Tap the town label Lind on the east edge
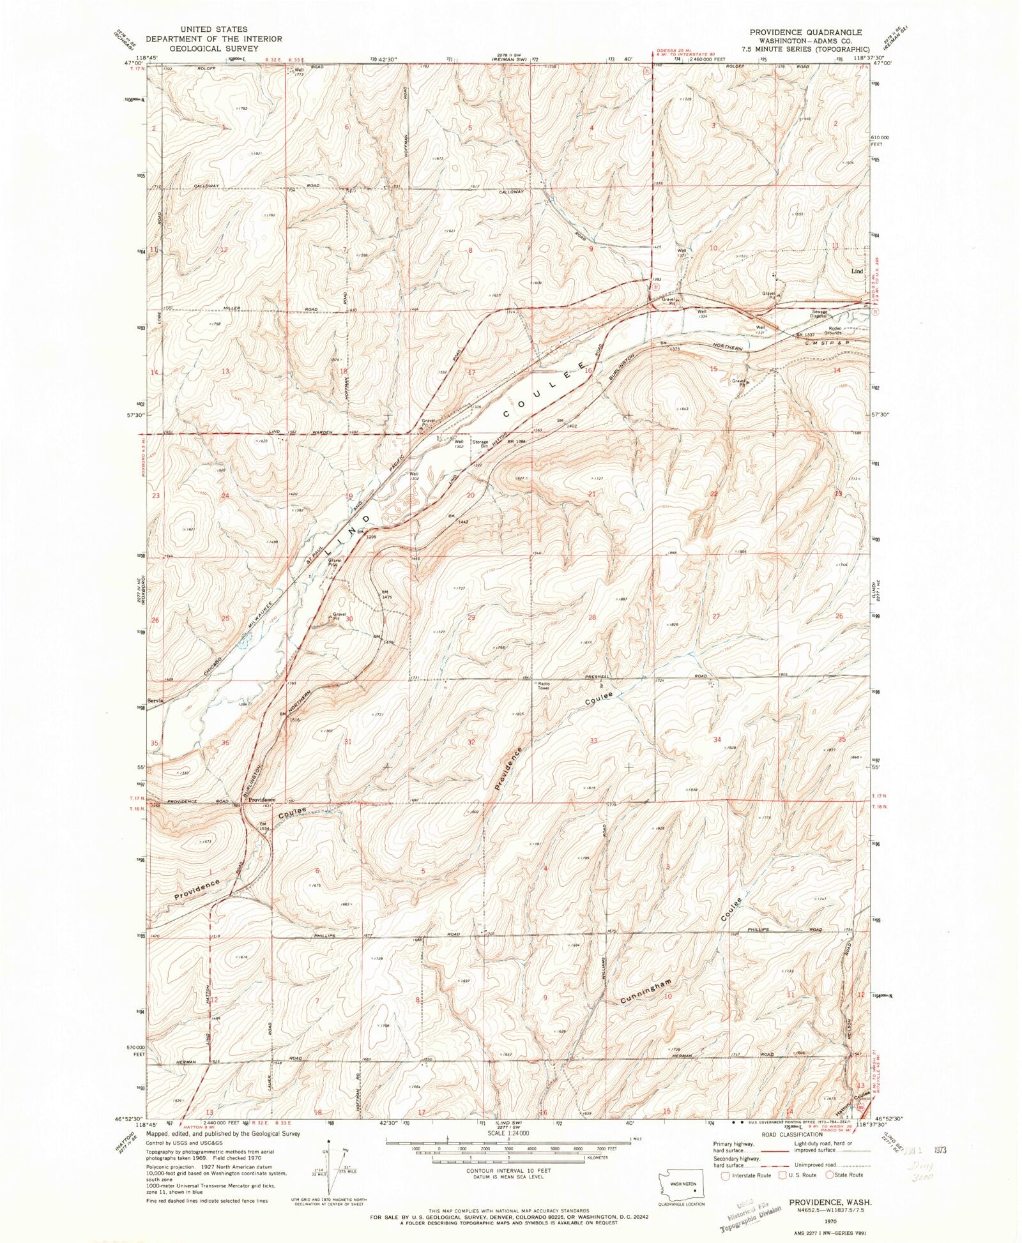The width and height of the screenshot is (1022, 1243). (x=857, y=271)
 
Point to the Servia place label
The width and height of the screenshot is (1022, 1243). (x=156, y=700)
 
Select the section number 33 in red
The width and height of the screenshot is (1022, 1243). (x=594, y=741)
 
